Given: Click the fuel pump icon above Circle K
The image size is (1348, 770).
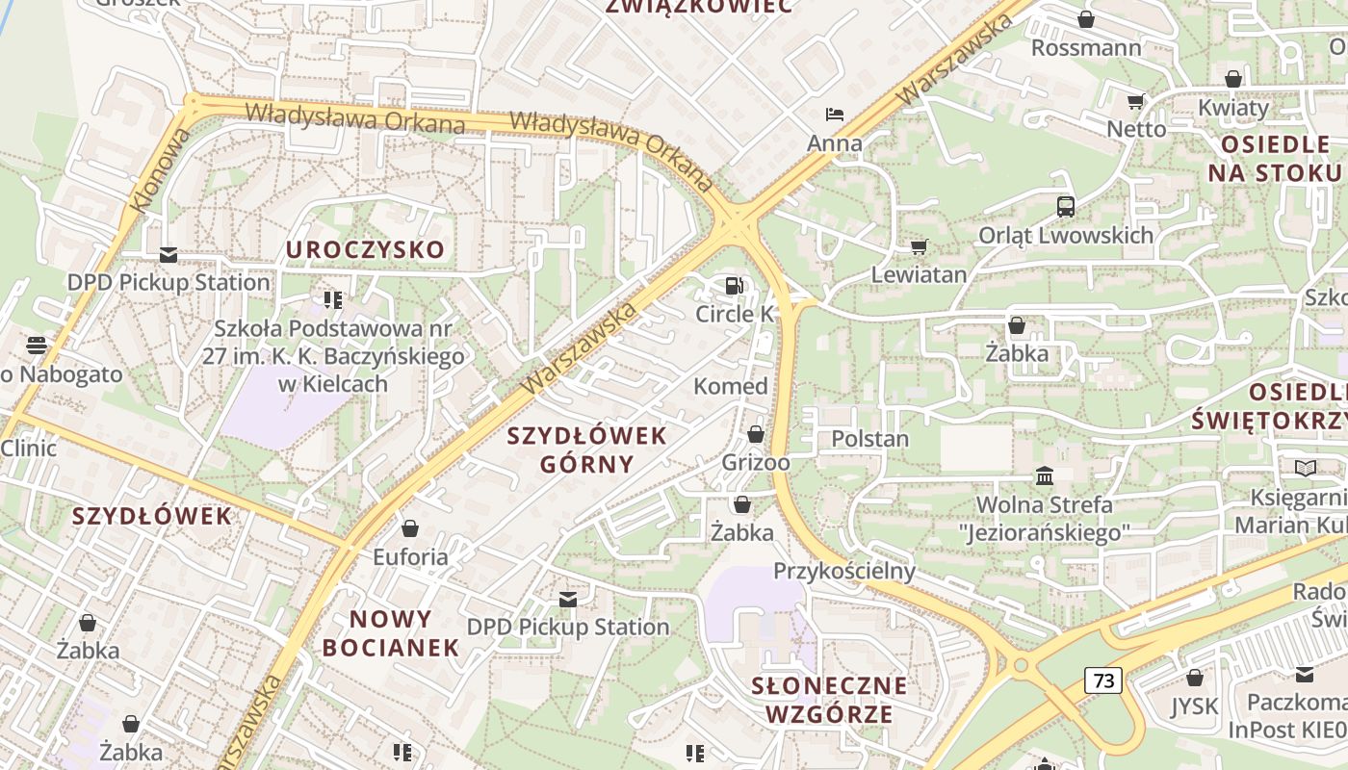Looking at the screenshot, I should coord(735,285).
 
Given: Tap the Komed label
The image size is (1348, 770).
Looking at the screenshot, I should coord(731,387).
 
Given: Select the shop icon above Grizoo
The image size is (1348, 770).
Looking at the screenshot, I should coord(756,434).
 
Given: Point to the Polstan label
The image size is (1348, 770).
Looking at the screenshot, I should coord(869,439).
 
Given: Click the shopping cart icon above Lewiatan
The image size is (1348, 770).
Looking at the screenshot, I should coord(919,246).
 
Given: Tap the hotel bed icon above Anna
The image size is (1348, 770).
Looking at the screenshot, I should coord(835,115).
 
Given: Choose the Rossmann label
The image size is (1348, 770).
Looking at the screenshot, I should coord(1086,48).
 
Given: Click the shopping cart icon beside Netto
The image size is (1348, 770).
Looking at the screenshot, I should coord(1136,101).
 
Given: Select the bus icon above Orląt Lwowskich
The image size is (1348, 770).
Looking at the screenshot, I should coord(1066,206).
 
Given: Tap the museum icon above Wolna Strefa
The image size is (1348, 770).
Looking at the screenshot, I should coord(1045,475).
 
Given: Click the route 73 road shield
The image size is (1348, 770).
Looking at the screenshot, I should coord(1103,680).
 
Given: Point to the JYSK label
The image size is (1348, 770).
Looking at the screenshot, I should coord(1194,706).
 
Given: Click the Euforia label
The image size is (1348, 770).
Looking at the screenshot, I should coord(410,557).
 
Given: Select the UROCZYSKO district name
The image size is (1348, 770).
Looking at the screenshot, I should coord(365,250).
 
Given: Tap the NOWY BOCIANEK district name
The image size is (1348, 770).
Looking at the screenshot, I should coord(391,632).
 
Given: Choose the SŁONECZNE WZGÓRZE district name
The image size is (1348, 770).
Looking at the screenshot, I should coord(829,700).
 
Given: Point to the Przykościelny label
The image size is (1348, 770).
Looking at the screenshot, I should coord(844,571).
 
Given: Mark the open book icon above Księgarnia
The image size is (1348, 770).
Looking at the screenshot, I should coord(1305,468).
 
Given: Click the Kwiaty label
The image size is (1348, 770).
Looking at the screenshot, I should coord(1233,108).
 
